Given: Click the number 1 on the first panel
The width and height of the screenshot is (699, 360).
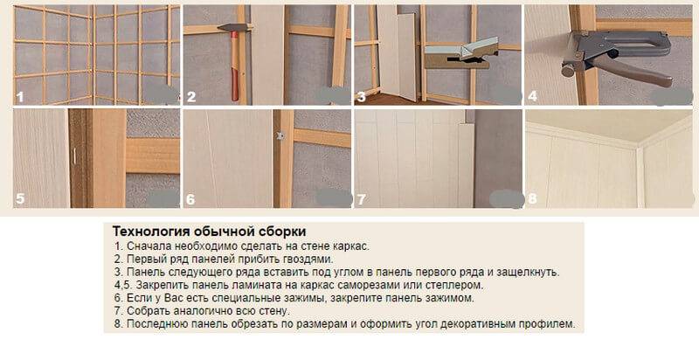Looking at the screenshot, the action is tap(20, 97).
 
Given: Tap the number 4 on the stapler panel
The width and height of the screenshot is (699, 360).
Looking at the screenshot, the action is tap(532, 96).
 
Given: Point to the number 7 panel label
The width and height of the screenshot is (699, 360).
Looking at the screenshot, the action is tap(361, 199).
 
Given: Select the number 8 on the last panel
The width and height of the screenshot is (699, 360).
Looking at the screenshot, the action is tap(532, 198).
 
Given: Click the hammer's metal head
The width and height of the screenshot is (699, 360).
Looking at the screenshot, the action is tap(233, 28).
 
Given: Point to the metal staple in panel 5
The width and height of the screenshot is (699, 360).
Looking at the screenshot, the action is tap(74, 155).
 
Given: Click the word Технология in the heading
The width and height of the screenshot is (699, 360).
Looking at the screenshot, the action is tap(150, 232).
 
